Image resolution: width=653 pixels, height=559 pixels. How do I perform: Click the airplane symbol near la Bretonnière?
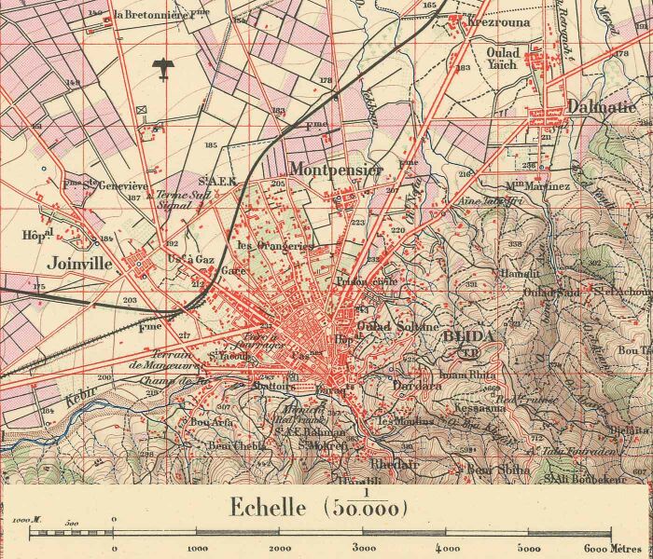[x=164, y=66]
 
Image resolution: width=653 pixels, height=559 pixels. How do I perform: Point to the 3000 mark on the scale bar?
[x=364, y=549]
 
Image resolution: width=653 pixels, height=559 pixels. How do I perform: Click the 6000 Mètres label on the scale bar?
[x=612, y=549]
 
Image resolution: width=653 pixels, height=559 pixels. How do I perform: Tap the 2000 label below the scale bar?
[x=279, y=549]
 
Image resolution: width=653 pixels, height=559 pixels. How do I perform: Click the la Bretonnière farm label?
[x=159, y=15]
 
